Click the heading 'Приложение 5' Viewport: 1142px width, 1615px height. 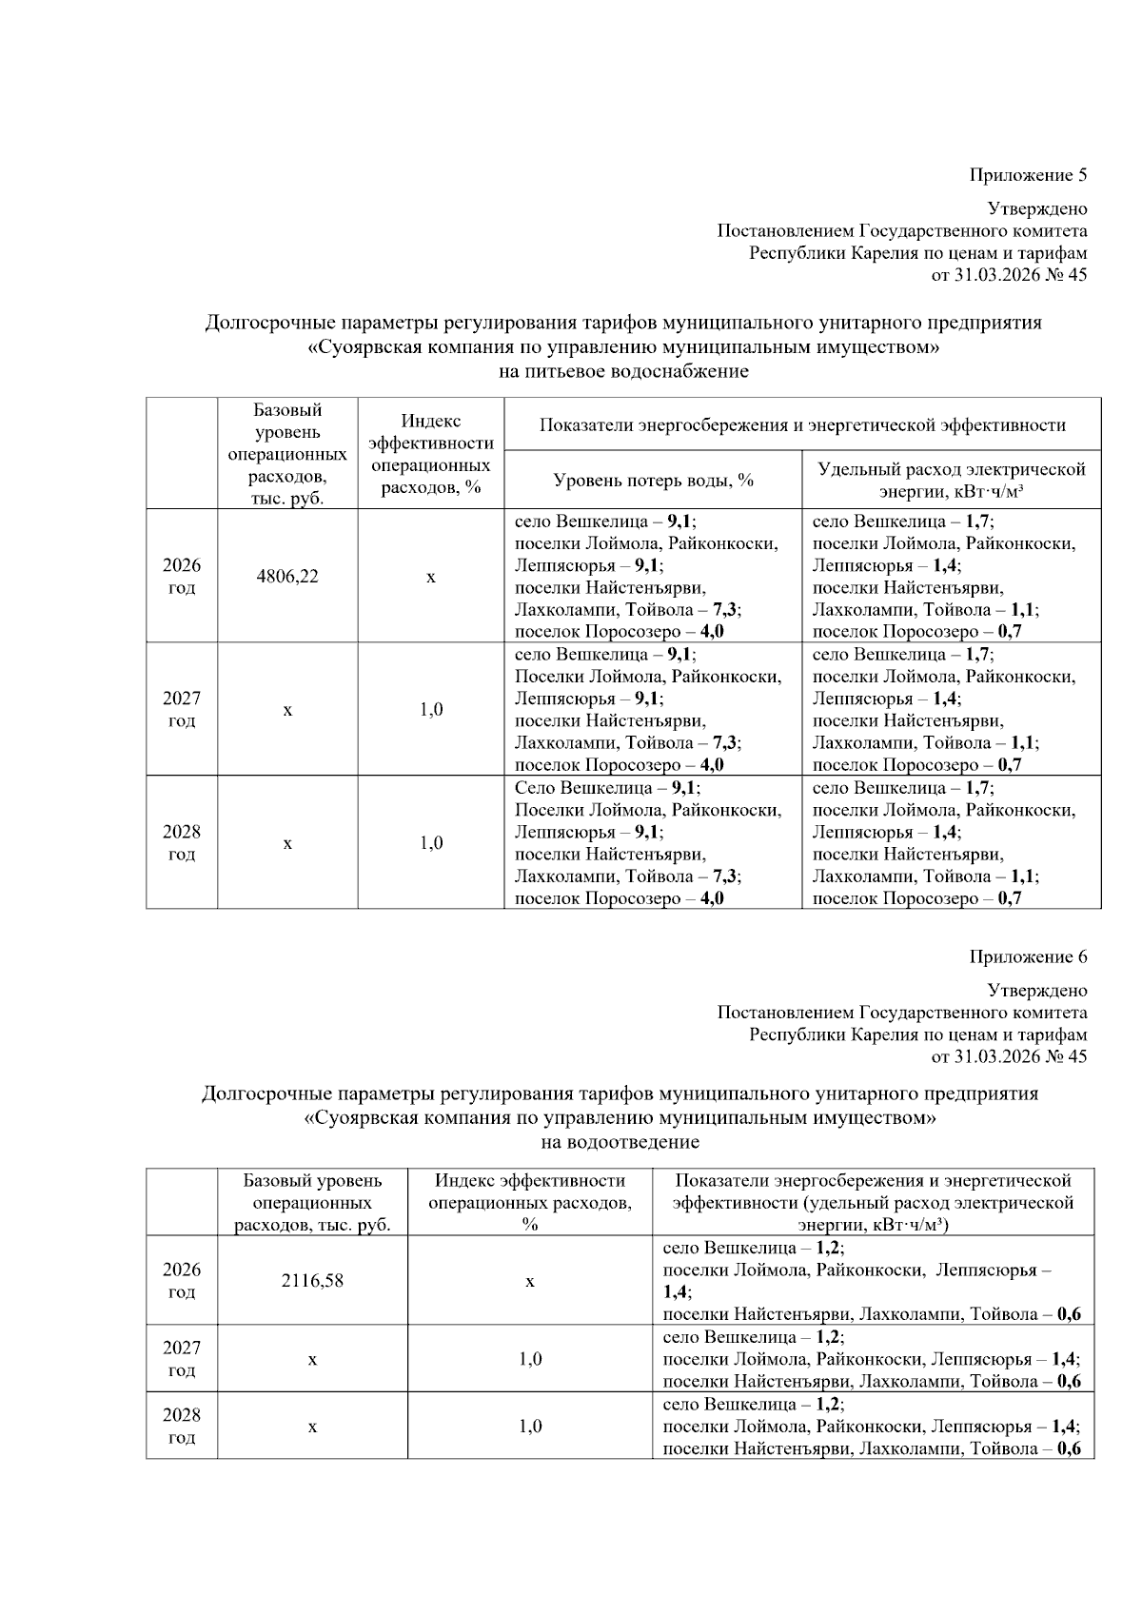point(1027,175)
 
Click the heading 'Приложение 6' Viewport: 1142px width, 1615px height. point(1027,956)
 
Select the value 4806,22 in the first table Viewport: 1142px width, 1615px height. point(287,577)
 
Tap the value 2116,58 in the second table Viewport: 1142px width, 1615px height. point(312,1281)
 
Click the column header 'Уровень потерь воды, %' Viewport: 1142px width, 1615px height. point(653,481)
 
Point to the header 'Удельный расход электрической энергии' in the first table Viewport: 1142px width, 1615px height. point(951,481)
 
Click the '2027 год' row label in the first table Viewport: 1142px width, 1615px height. point(182,709)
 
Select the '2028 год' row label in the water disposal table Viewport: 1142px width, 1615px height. point(182,1426)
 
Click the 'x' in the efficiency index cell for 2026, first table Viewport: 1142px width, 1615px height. point(431,578)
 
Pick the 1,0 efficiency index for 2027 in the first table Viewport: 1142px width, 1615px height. point(431,710)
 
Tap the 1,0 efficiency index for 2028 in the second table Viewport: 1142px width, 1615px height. point(530,1426)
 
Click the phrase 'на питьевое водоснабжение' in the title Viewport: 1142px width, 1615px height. point(623,371)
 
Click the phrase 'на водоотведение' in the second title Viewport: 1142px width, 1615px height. point(620,1142)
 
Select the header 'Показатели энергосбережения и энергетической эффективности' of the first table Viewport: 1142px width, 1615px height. point(801,425)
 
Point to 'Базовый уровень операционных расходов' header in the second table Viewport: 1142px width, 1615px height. point(312,1203)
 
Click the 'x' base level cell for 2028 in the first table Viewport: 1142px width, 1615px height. point(287,843)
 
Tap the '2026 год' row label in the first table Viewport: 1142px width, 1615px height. point(182,576)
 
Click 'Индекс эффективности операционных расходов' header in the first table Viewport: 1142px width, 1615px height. point(431,454)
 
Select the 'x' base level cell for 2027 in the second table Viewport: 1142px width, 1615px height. point(312,1359)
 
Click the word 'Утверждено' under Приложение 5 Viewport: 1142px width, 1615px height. point(1036,208)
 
